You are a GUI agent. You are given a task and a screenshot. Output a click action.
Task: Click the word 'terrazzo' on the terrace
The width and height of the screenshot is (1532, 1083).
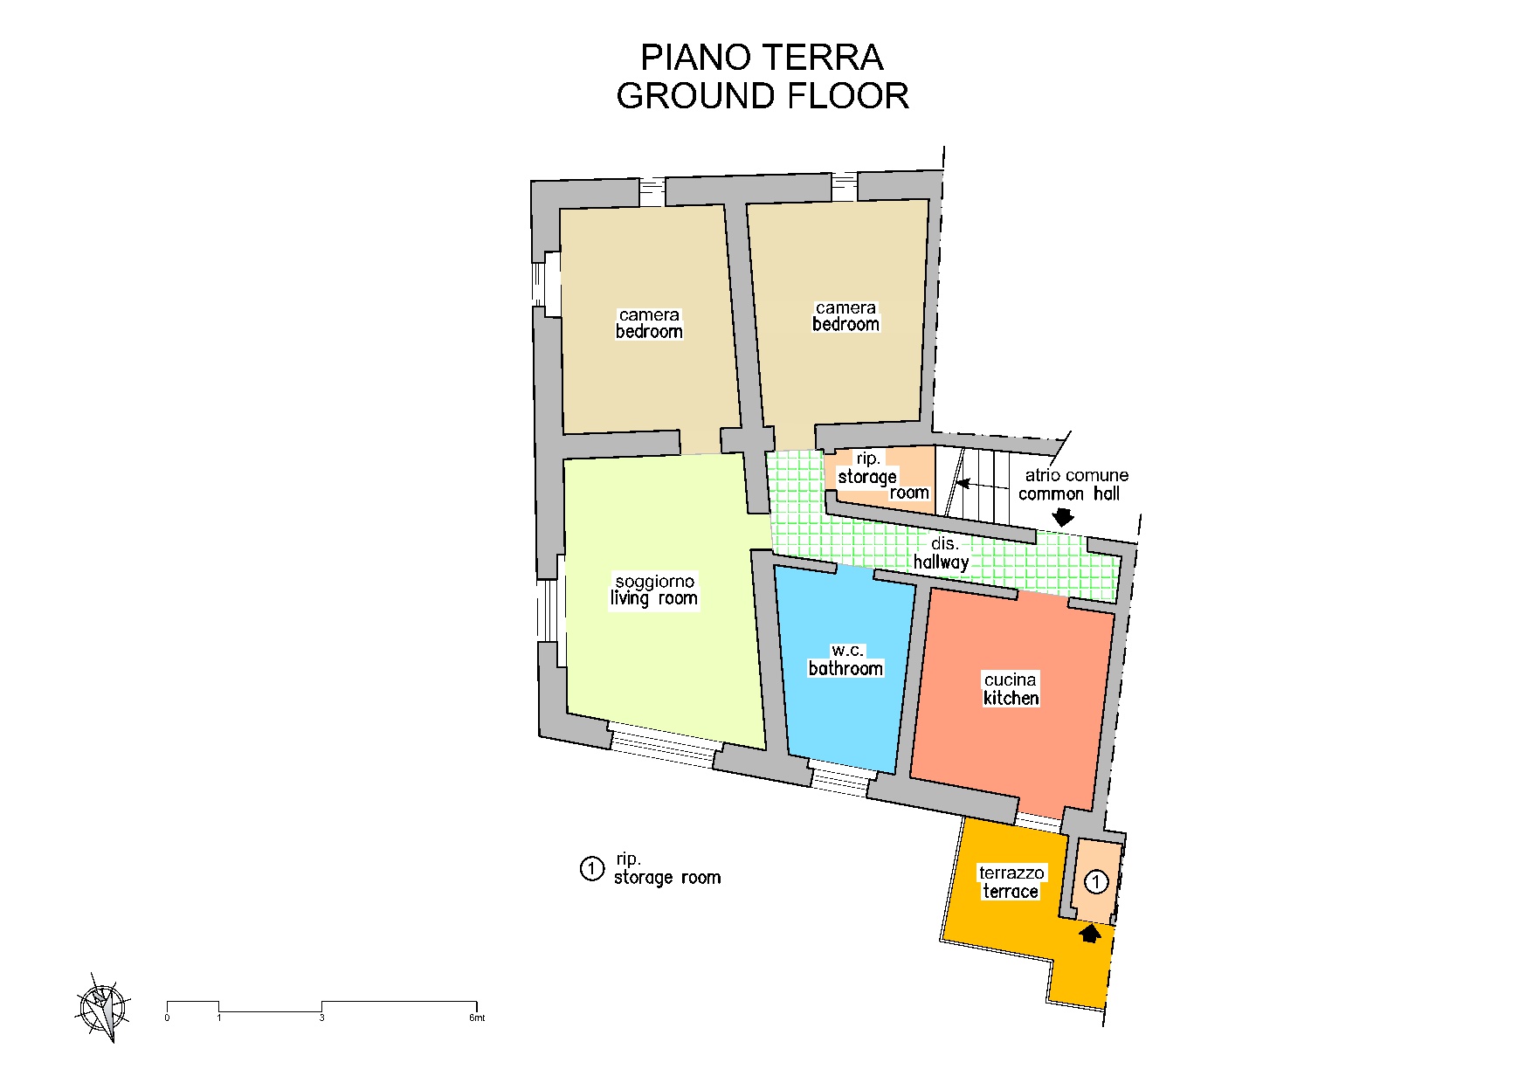coord(1011,873)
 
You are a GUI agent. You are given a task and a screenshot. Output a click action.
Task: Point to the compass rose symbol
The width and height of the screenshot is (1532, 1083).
coord(103,1007)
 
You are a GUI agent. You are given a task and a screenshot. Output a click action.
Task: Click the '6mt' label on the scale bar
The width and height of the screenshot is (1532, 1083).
coord(476,1017)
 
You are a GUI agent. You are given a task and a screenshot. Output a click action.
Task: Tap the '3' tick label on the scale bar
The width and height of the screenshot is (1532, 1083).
coord(321,1017)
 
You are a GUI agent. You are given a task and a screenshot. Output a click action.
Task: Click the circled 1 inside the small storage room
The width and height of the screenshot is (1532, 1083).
coord(1096,881)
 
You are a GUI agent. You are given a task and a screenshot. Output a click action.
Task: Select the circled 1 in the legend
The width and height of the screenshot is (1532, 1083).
coord(592,868)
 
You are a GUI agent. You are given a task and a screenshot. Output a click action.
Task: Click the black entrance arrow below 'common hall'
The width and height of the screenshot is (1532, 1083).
coord(1063,517)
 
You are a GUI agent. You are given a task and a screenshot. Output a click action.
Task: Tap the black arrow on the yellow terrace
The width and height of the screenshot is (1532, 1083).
coord(1089,933)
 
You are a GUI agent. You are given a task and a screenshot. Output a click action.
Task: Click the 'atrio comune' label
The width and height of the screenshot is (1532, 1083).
coord(1076,475)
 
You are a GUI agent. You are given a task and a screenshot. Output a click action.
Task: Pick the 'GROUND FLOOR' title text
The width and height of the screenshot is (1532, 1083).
coord(763,96)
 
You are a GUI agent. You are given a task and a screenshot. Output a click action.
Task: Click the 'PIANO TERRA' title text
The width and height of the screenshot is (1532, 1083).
coord(762,58)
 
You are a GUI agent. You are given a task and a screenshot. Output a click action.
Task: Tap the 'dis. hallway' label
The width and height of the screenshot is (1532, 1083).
coord(942,553)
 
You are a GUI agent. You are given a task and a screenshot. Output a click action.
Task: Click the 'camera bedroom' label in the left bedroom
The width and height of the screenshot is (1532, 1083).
coord(649,323)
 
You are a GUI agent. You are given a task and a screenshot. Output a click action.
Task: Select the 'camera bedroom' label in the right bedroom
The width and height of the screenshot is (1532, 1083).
coord(845,316)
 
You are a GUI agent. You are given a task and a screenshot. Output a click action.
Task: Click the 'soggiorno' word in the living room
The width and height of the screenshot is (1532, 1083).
coord(655,581)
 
